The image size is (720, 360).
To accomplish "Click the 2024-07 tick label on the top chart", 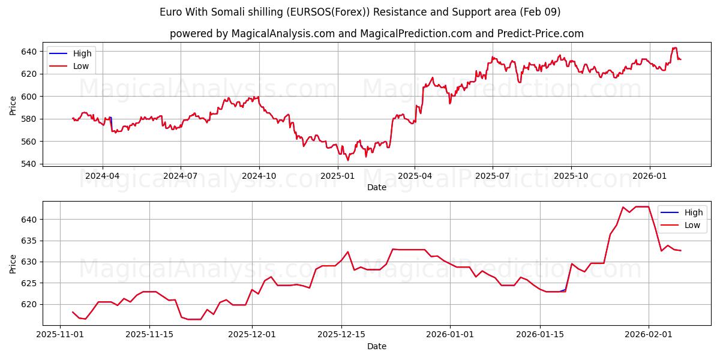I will point(181,176).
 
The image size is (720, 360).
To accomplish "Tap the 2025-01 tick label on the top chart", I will point(337,176).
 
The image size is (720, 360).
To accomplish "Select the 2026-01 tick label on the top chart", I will point(650,176).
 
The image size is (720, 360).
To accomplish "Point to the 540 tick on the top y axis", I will point(29,164).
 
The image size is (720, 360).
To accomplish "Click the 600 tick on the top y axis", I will point(29,96).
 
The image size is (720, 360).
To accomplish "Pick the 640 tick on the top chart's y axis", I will point(29,52).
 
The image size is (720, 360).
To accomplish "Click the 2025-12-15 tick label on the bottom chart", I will point(341,335).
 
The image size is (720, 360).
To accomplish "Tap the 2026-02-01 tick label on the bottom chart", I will point(649,335).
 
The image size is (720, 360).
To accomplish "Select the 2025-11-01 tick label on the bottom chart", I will point(60,335).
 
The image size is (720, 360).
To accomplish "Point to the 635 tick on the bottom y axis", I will point(29,241).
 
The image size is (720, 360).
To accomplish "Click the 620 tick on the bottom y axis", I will point(29,304).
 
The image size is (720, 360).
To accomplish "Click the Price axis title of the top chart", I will point(13,105).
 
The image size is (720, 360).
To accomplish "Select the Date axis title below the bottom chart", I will point(377,346).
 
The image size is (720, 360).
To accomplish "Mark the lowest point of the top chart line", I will point(347,160).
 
